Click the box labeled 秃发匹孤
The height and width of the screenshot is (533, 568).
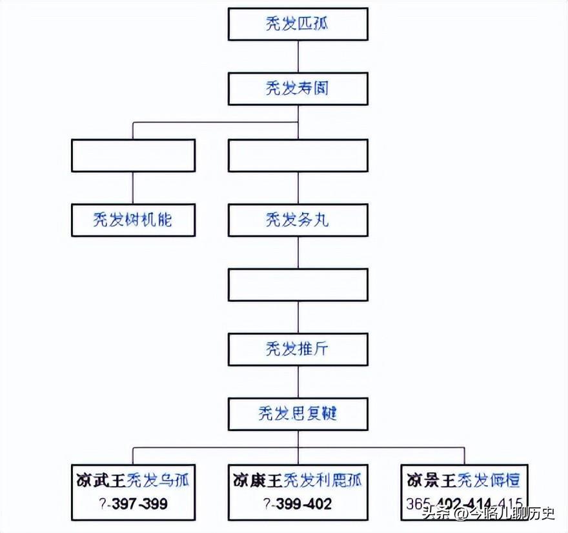coord(298,25)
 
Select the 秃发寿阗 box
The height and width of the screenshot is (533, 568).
coord(298,88)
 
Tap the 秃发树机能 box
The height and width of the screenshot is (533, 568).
coord(133,220)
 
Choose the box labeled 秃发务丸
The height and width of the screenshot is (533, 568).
coord(298,220)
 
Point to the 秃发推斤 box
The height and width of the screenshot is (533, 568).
coord(298,349)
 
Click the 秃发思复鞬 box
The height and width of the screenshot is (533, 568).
coord(298,414)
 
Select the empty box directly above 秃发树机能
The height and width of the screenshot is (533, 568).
coord(133,156)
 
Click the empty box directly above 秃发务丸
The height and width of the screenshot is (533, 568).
coord(298,156)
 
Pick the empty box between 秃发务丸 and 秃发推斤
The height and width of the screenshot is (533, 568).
coord(298,285)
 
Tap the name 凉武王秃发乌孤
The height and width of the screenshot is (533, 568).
coord(133,481)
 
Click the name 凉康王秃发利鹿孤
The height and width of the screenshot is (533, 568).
coord(298,481)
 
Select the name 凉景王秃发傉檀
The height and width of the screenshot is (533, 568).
coord(464,481)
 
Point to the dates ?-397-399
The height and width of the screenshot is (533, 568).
coord(133,503)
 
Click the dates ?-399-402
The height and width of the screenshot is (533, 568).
coord(298,503)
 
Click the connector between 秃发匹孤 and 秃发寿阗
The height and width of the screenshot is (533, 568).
coord(298,56)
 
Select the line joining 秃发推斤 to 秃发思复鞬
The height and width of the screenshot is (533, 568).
coord(298,381)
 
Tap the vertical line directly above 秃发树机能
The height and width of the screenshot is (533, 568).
coord(133,188)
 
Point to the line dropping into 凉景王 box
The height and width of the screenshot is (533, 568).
coord(464,455)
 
